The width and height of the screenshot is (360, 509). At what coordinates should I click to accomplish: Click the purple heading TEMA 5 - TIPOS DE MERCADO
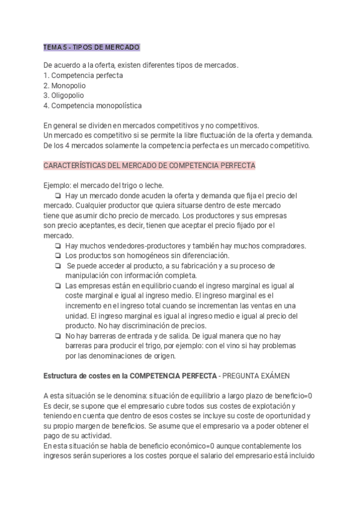pyautogui.click(x=92, y=47)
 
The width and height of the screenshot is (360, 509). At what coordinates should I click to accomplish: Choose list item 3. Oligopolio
pyautogui.click(x=64, y=95)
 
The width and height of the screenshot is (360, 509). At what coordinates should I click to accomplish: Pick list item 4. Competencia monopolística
pyautogui.click(x=93, y=105)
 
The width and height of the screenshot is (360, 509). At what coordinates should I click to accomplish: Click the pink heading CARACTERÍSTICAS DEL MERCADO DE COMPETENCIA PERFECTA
pyautogui.click(x=149, y=164)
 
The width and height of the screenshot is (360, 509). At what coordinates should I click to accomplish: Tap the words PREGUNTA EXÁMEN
pyautogui.click(x=256, y=376)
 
